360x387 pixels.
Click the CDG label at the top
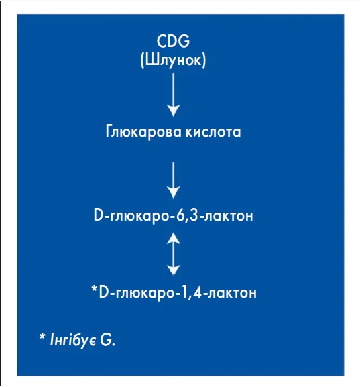173,41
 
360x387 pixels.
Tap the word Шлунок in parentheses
173,60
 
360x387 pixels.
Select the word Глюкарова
143,131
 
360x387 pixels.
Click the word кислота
213,132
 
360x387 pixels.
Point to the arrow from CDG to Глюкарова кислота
174,95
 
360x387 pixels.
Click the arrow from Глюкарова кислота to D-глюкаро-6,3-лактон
174,180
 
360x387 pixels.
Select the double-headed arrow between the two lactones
174,254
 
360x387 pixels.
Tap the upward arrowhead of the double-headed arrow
174,238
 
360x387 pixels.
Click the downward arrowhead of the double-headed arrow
174,270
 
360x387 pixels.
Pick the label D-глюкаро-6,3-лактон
174,215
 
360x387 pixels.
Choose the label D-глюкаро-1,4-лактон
178,293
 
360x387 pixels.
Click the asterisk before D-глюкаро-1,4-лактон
95,289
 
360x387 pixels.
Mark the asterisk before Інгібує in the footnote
42,337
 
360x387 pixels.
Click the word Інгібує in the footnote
73,341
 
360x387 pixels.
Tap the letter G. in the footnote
107,340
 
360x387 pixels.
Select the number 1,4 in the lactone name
192,293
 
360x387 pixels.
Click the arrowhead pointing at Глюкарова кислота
174,111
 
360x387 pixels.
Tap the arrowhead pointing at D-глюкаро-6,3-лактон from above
174,192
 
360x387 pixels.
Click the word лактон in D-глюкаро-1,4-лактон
232,294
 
